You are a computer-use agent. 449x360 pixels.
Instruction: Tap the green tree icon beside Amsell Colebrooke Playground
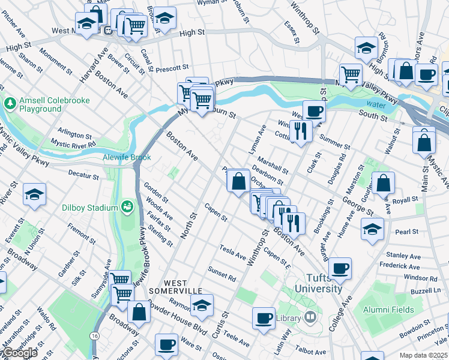[10, 104]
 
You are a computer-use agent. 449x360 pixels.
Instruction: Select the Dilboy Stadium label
[89, 208]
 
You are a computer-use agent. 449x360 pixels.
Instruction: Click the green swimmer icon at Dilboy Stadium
[127, 208]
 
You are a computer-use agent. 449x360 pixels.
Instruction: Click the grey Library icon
[310, 316]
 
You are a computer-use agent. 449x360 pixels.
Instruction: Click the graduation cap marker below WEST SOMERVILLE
[202, 305]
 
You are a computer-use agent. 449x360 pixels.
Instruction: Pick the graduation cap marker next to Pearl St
[372, 229]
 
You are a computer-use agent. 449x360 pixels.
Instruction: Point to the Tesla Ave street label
[233, 252]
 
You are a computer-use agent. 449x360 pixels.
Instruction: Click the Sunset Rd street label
[223, 274]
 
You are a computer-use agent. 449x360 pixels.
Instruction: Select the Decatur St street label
[83, 176]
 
